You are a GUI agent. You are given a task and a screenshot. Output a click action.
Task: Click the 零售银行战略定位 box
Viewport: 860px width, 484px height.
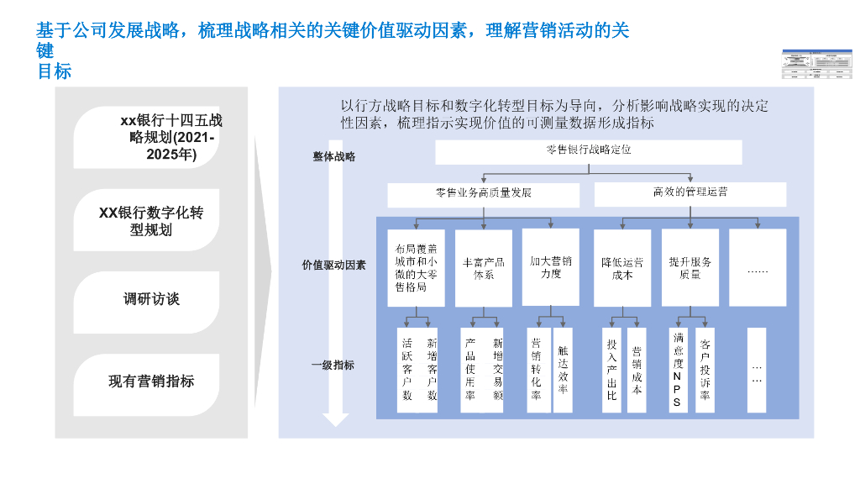(588, 151)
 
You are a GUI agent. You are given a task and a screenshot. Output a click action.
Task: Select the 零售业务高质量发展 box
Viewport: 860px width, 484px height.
(483, 194)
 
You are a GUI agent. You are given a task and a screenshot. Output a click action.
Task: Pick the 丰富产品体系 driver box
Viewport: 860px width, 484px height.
(483, 268)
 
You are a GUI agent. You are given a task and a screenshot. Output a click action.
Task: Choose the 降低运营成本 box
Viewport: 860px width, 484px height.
(622, 268)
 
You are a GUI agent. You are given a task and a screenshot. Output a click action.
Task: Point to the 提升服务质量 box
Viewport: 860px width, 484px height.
(690, 267)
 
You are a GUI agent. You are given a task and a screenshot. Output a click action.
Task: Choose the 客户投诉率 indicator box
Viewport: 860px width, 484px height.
(705, 370)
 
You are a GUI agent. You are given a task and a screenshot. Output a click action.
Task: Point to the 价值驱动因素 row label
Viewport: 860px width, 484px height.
(333, 265)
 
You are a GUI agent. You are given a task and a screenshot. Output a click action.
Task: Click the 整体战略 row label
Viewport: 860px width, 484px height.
(333, 156)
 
